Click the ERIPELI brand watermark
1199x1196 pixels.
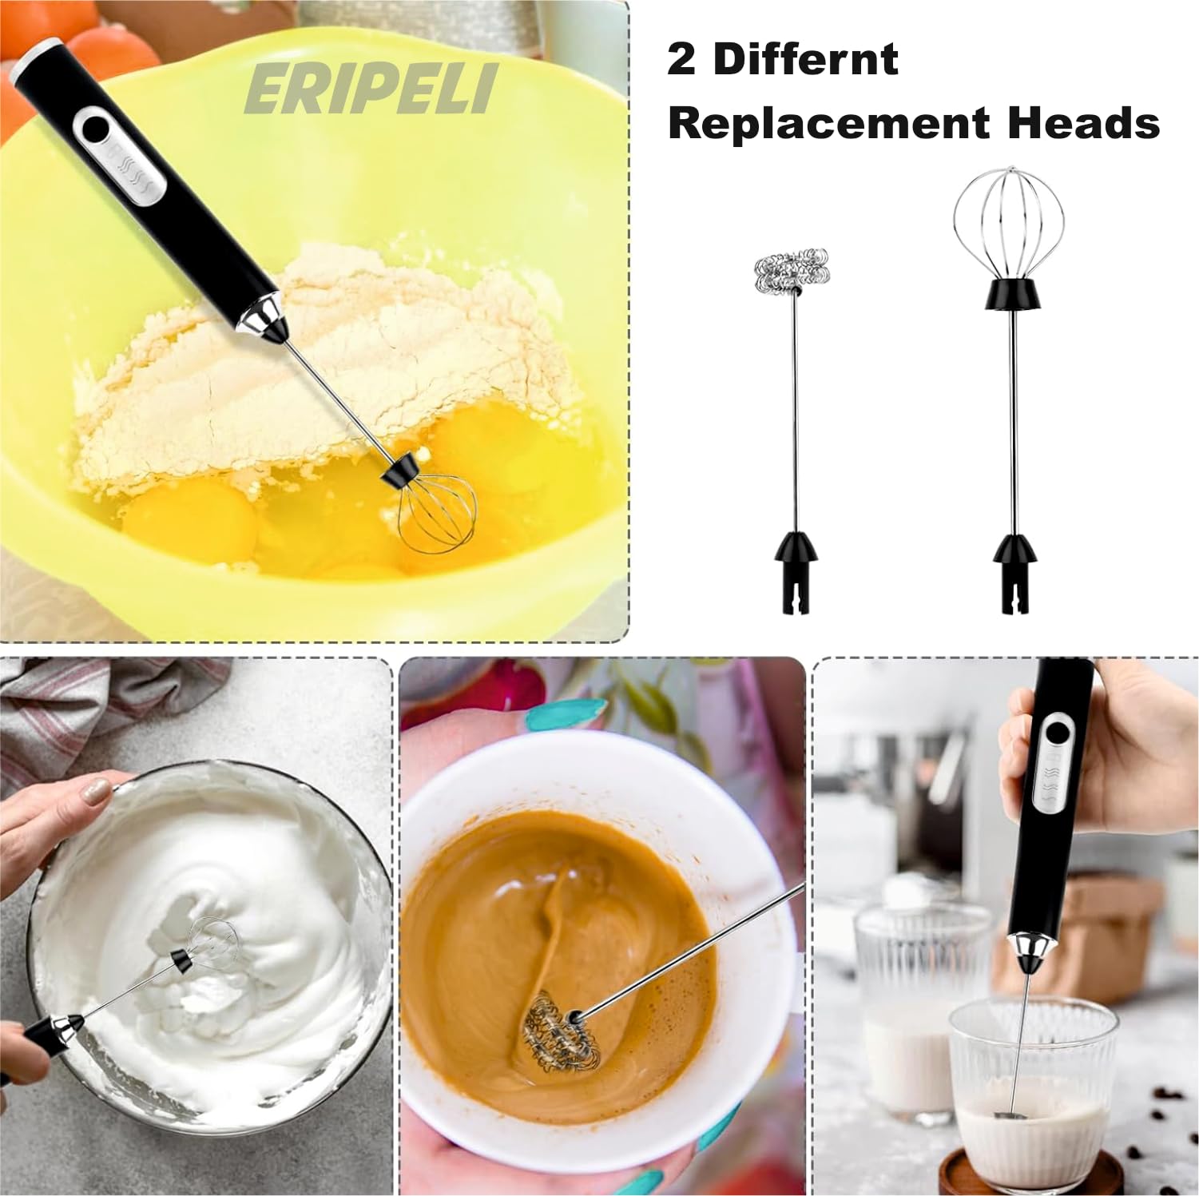pos(371,89)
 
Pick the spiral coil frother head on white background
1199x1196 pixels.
pos(791,272)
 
